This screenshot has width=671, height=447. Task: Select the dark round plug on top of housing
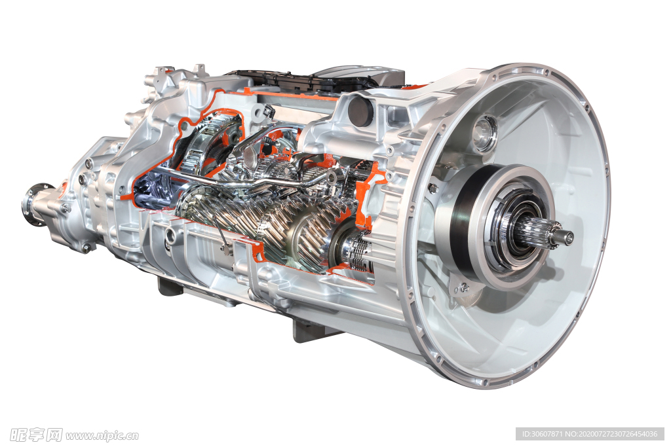tap(361, 111)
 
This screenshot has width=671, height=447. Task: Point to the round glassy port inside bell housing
tap(486, 134)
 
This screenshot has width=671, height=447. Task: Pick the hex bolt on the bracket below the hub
tap(464, 287)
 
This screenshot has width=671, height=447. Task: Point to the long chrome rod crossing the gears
tap(240, 181)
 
